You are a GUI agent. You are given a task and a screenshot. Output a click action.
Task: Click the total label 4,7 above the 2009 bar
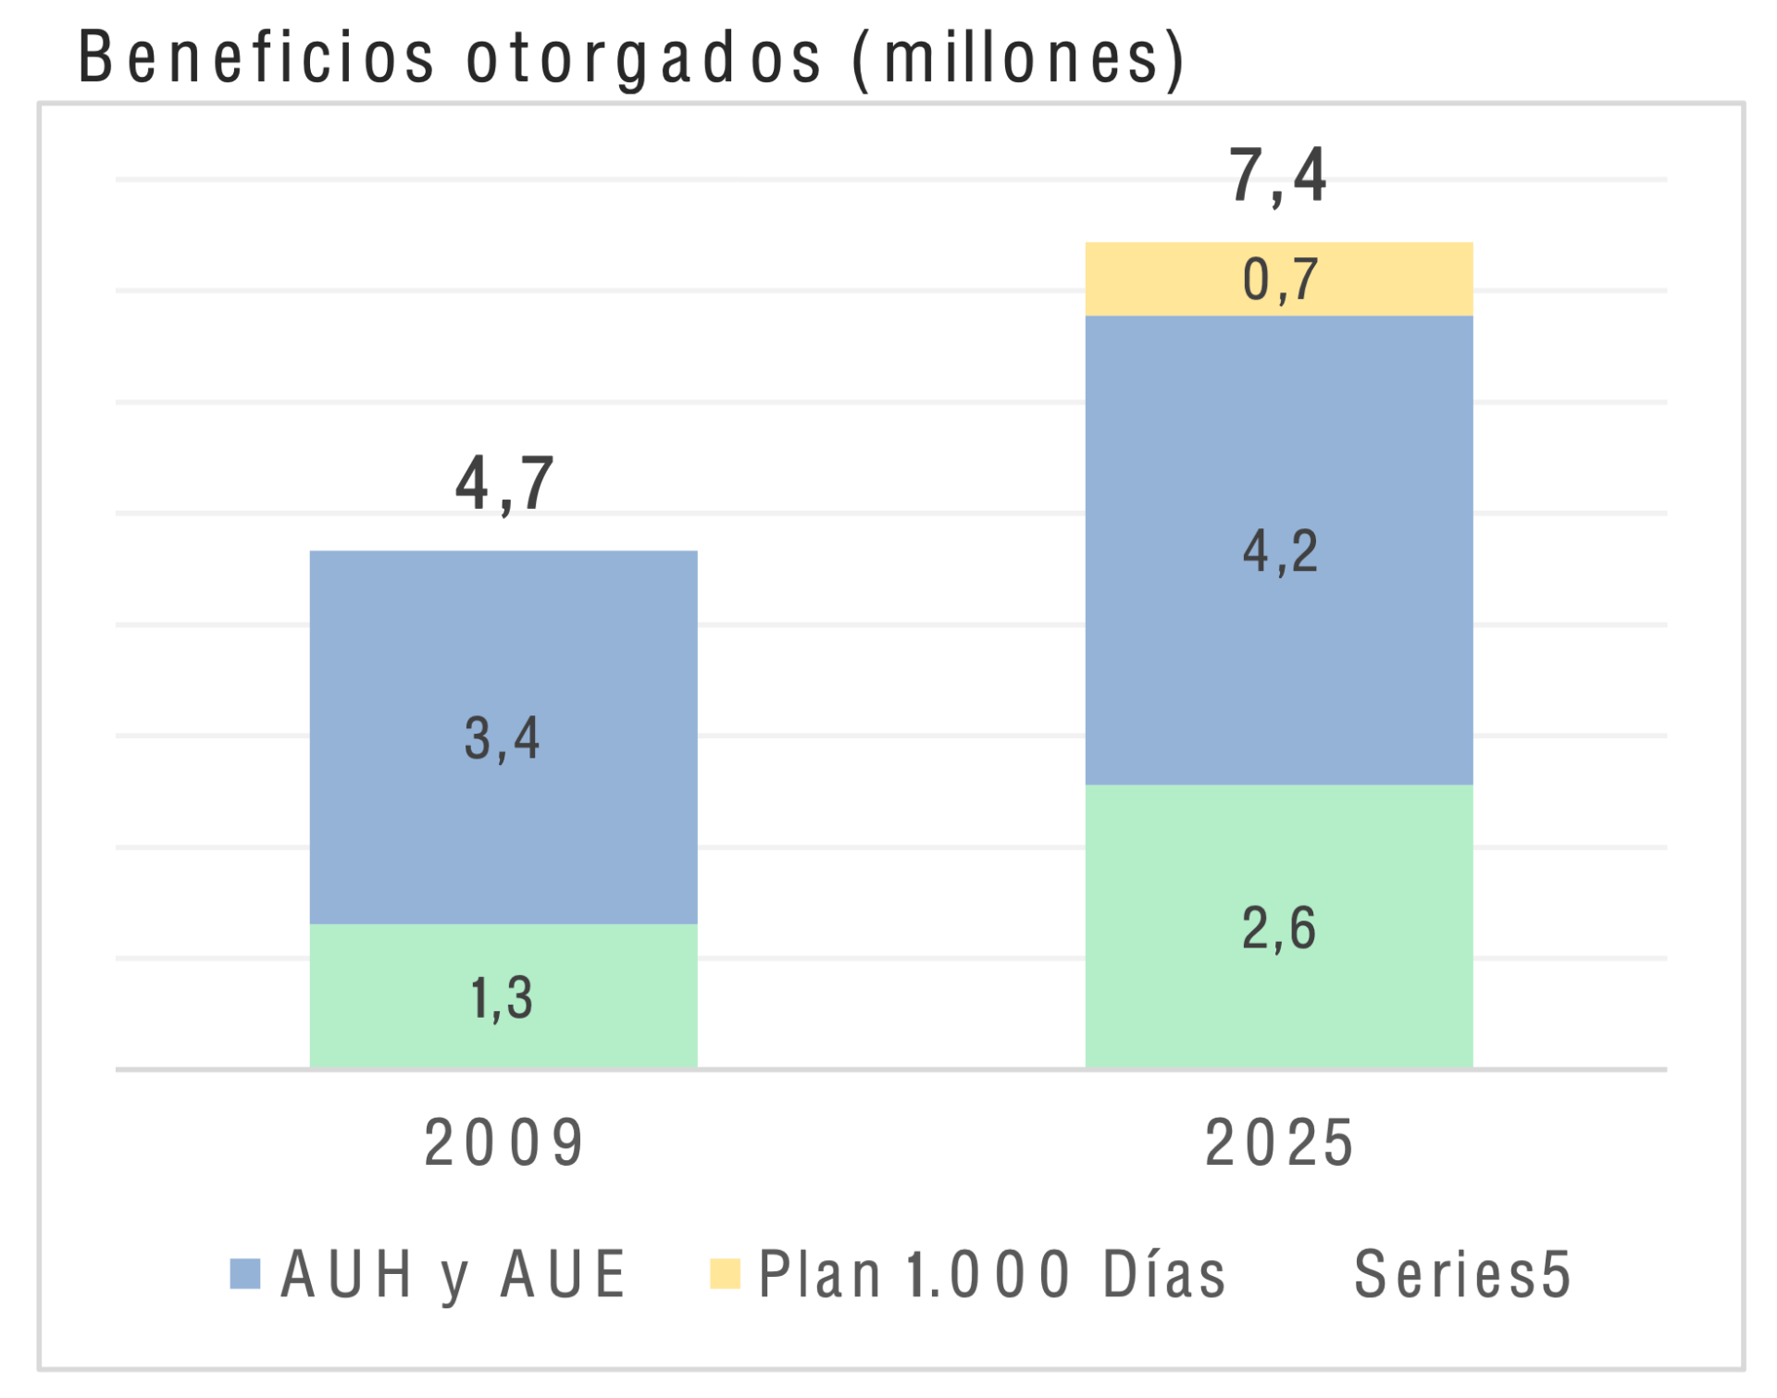pos(504,484)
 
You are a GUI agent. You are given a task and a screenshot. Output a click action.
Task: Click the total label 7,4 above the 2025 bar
pos(1278,176)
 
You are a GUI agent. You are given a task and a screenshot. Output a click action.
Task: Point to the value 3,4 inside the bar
pos(502,739)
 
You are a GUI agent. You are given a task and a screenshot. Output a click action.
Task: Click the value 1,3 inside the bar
pos(502,998)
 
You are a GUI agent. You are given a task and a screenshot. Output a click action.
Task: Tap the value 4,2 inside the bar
pos(1280,552)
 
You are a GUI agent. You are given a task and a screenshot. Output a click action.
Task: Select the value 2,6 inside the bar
pos(1278,929)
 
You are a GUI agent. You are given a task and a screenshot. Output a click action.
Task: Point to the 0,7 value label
pos(1280,279)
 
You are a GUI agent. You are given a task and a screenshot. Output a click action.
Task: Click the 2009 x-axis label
pos(504,1144)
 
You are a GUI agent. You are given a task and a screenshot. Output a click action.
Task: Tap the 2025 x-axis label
pos(1280,1144)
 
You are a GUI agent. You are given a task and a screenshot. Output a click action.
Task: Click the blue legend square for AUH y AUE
pos(245,1274)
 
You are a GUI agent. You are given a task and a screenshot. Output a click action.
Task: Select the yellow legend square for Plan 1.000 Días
pos(725,1274)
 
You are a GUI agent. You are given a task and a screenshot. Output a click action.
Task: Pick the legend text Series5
pos(1462,1275)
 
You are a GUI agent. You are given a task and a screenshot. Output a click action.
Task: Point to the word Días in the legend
pos(1163,1275)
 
